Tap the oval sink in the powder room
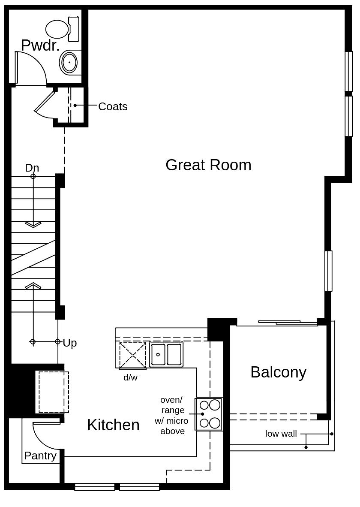(x=69, y=63)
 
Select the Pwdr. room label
(x=40, y=45)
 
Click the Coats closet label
(x=113, y=106)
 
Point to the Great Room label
(x=208, y=165)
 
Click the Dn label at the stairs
(x=32, y=168)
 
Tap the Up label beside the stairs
(x=70, y=343)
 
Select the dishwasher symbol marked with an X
(x=132, y=355)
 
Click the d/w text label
(x=130, y=378)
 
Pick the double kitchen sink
(x=166, y=355)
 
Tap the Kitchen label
(x=113, y=425)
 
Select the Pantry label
(x=40, y=456)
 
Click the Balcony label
(x=278, y=372)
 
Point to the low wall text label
(x=281, y=434)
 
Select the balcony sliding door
(x=279, y=322)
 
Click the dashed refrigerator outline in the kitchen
(x=54, y=392)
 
